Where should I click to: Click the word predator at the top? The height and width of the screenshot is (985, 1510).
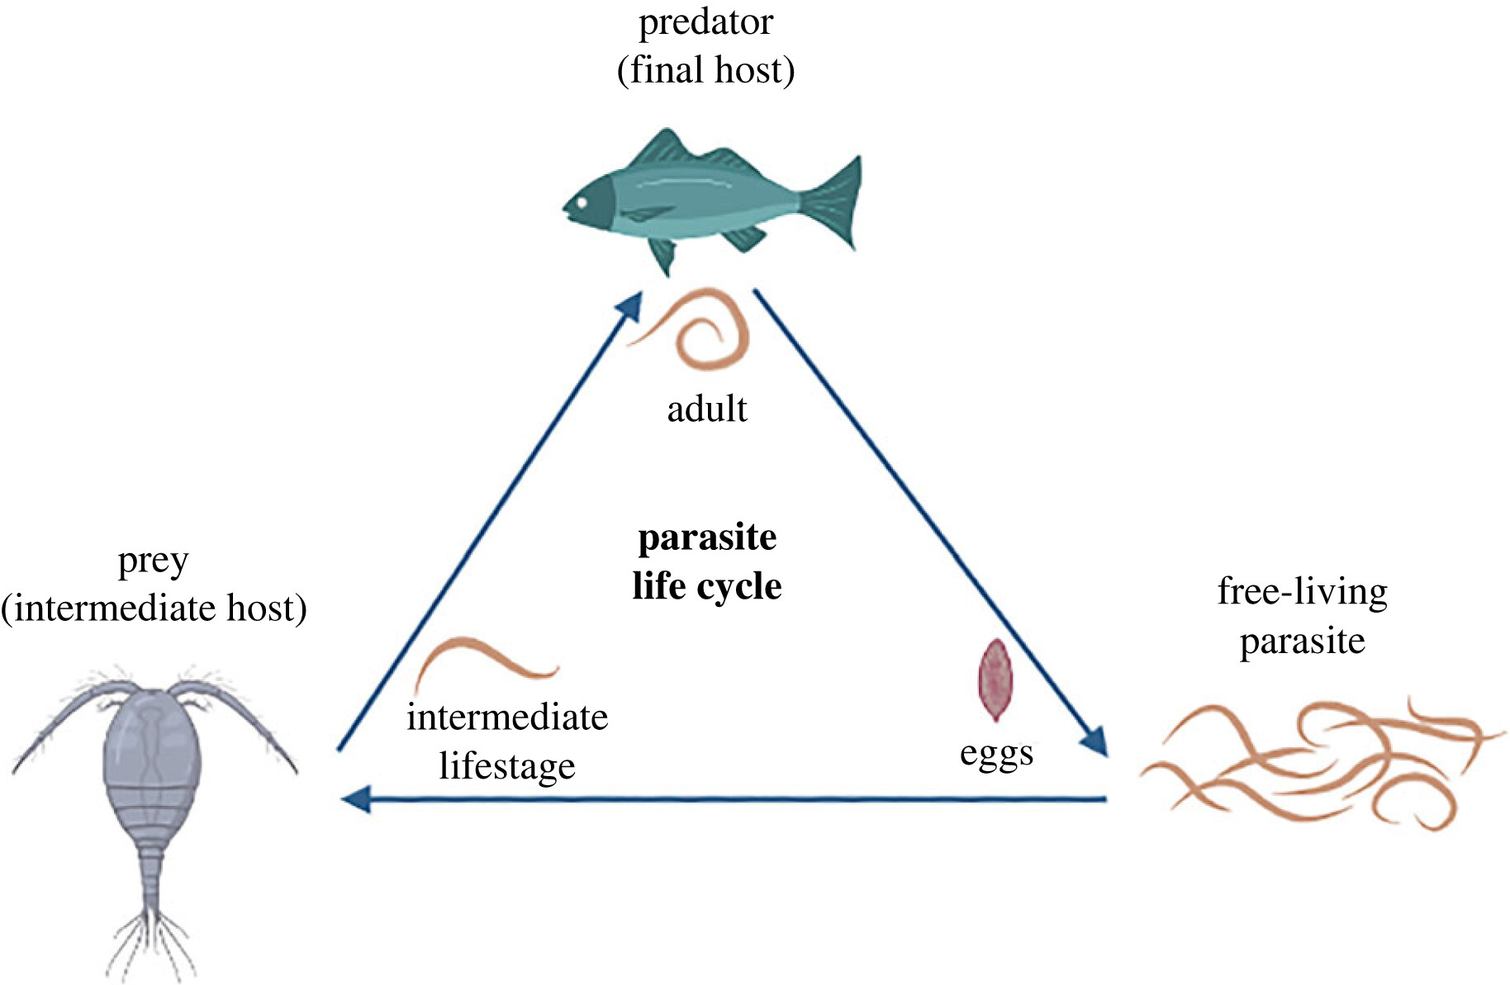click(x=705, y=22)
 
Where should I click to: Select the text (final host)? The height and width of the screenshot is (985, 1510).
click(x=705, y=70)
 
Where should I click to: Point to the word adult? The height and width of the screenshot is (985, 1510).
click(x=707, y=409)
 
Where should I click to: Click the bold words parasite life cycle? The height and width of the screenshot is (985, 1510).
click(x=707, y=561)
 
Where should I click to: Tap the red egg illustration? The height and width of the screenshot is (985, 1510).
click(x=995, y=680)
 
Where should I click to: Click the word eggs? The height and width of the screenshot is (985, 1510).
click(x=996, y=754)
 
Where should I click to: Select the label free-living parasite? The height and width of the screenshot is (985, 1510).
click(x=1302, y=616)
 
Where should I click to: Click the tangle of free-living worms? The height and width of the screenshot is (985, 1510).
click(x=1313, y=764)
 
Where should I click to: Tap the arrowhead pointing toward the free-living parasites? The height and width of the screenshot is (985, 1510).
click(x=1095, y=741)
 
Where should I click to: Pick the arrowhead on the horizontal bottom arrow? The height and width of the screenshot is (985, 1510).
click(x=357, y=799)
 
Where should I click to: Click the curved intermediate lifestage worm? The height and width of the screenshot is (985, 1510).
click(x=483, y=656)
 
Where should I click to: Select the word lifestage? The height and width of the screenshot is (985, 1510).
click(x=506, y=766)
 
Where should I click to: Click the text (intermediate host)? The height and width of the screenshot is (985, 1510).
click(x=154, y=609)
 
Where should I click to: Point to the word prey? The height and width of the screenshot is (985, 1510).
click(x=154, y=562)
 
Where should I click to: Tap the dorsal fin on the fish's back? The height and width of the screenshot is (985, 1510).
click(x=661, y=149)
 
